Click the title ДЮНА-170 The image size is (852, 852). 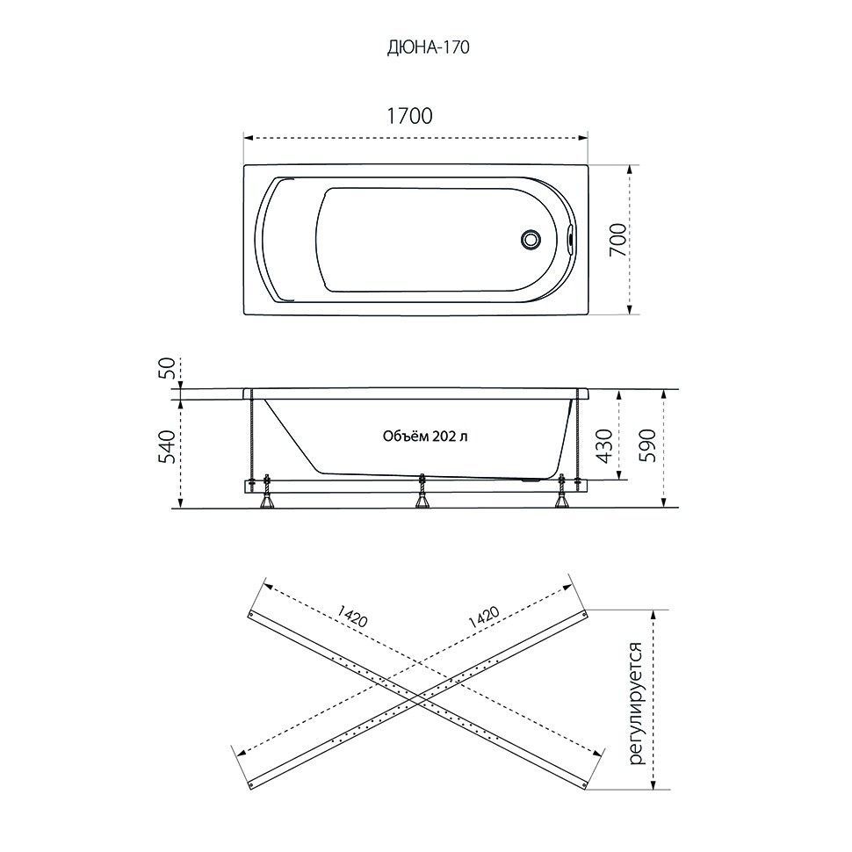click(x=428, y=47)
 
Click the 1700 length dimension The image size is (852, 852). click(x=409, y=116)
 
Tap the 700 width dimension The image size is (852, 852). click(x=617, y=240)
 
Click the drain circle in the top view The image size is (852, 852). click(x=530, y=240)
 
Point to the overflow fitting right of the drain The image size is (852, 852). click(x=569, y=239)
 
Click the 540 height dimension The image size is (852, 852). click(x=169, y=446)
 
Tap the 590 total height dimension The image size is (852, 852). click(x=647, y=446)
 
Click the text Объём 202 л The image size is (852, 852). click(x=425, y=437)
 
